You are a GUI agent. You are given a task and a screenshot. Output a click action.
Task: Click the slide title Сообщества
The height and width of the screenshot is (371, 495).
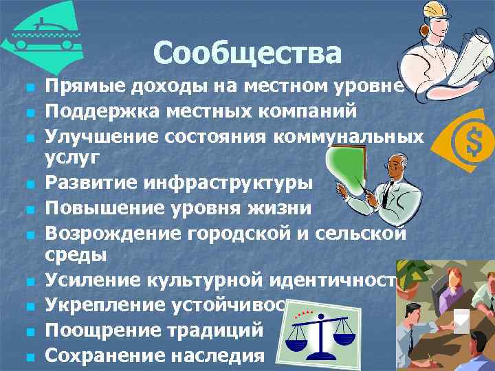[x=247, y=53]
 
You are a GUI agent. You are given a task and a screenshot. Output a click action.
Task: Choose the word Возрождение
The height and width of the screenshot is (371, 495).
[x=110, y=234]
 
